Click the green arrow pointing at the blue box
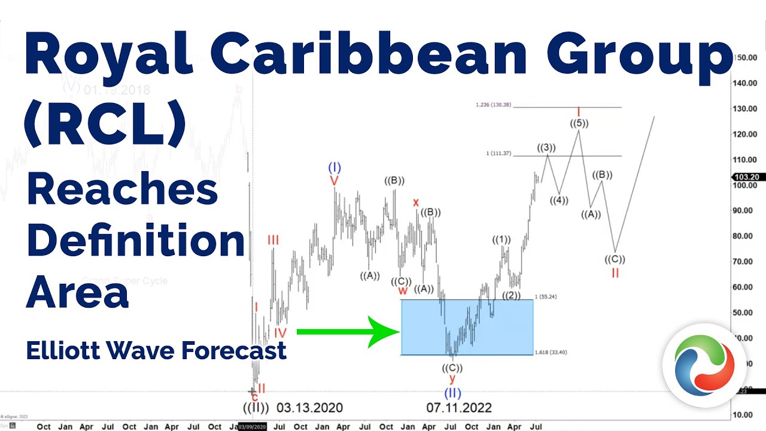347,331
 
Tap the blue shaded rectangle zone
467,327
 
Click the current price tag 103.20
748,177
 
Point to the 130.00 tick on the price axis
744,108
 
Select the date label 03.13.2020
309,408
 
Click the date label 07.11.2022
459,408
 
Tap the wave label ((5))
579,123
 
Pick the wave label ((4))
560,201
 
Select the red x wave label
416,202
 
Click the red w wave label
403,291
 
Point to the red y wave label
452,379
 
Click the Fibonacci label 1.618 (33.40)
551,353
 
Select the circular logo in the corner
704,366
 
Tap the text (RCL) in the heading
105,126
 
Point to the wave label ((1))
501,240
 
